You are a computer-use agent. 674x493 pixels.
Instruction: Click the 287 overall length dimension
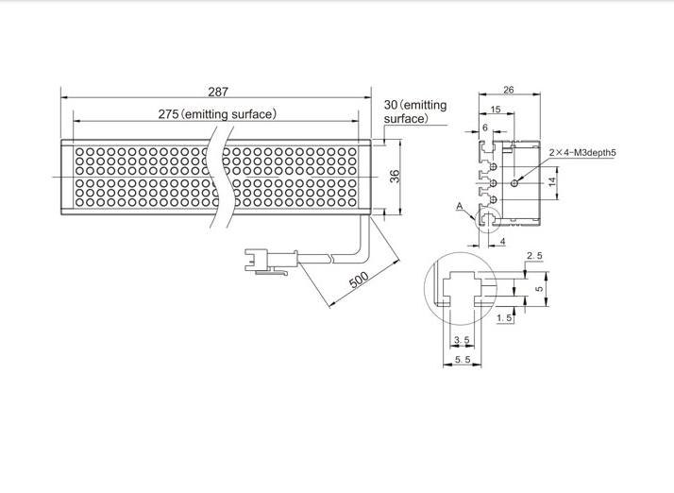(x=217, y=92)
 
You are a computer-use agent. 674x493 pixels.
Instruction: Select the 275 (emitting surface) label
(x=217, y=114)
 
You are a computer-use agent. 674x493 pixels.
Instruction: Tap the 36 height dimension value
(x=395, y=177)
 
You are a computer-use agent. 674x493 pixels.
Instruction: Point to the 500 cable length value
(x=358, y=281)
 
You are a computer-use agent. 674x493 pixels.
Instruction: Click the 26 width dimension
(x=509, y=91)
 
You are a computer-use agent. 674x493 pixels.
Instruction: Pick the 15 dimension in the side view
(x=496, y=110)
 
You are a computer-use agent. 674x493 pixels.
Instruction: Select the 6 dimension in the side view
(x=485, y=127)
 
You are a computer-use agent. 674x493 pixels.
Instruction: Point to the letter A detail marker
(x=458, y=205)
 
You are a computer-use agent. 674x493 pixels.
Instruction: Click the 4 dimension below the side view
(x=502, y=242)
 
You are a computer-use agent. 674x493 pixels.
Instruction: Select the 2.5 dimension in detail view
(x=534, y=256)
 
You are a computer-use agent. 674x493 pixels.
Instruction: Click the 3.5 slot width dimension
(x=462, y=339)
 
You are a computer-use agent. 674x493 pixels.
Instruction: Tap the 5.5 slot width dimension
(x=462, y=359)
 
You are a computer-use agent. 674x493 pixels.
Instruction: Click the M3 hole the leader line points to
(x=514, y=180)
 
